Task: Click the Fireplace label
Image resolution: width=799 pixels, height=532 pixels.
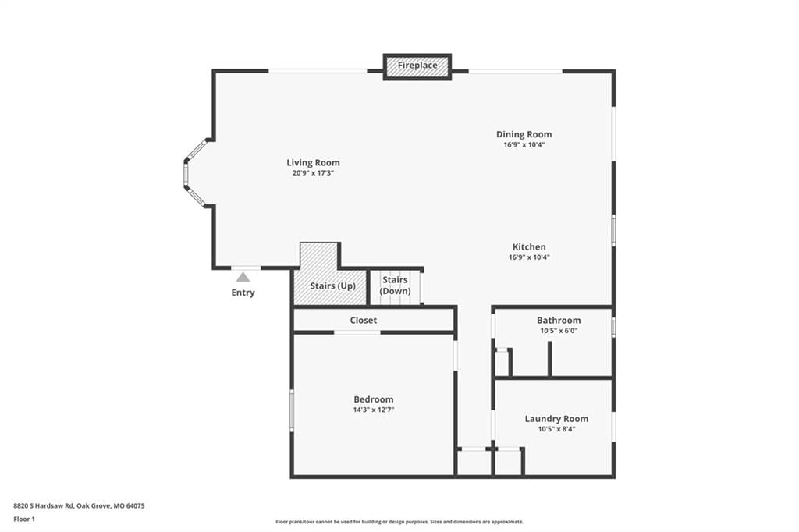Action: pyautogui.click(x=417, y=66)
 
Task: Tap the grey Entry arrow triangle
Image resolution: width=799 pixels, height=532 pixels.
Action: pyautogui.click(x=243, y=277)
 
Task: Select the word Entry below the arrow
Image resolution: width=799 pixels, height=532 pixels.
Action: pyautogui.click(x=243, y=293)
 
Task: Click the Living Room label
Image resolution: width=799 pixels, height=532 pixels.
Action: pyautogui.click(x=313, y=163)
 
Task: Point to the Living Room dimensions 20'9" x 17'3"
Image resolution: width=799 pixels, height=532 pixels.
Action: pyautogui.click(x=313, y=173)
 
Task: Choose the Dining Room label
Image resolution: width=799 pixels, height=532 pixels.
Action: pyautogui.click(x=524, y=134)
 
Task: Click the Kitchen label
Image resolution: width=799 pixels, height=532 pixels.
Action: pyautogui.click(x=529, y=247)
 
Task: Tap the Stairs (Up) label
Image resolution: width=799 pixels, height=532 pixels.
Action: pyautogui.click(x=332, y=286)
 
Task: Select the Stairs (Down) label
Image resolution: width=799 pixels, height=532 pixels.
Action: pyautogui.click(x=395, y=286)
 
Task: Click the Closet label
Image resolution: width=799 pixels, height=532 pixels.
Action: pyautogui.click(x=364, y=321)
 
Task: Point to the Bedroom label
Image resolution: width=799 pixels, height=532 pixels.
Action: pyautogui.click(x=374, y=399)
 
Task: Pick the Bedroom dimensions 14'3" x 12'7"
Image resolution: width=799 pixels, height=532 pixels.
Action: pyautogui.click(x=374, y=410)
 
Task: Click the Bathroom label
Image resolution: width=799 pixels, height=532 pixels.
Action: pyautogui.click(x=559, y=321)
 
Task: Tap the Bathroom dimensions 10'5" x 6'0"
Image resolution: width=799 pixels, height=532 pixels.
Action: pyautogui.click(x=559, y=331)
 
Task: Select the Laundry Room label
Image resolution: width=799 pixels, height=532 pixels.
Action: pyautogui.click(x=556, y=419)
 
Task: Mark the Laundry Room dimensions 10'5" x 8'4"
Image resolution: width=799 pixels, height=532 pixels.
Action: pyautogui.click(x=556, y=429)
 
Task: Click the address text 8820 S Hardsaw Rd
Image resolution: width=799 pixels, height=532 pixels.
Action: pyautogui.click(x=44, y=506)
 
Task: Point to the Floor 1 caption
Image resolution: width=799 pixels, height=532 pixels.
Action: pyautogui.click(x=24, y=520)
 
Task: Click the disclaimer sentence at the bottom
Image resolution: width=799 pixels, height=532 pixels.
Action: pyautogui.click(x=399, y=522)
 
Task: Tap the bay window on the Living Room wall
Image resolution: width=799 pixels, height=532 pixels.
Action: pyautogui.click(x=194, y=172)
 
